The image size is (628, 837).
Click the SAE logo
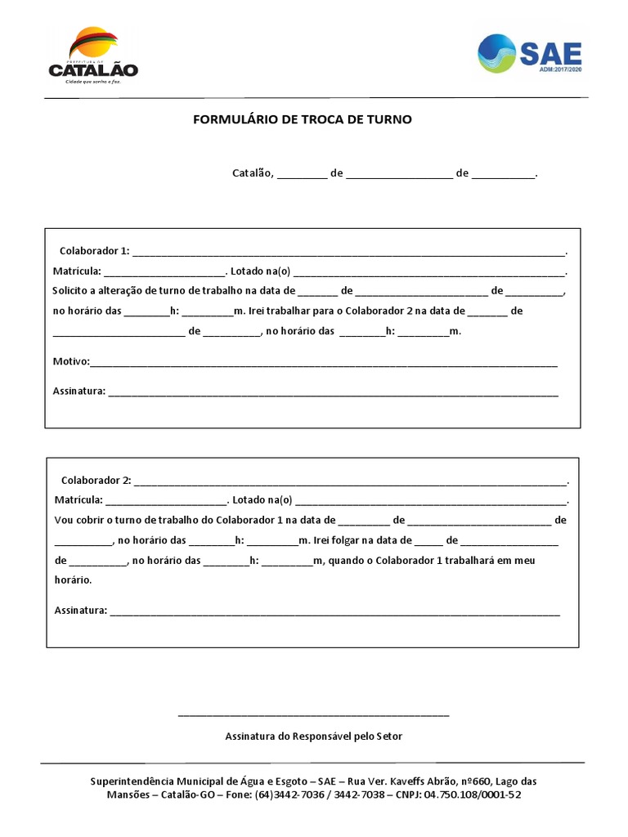pyautogui.click(x=530, y=53)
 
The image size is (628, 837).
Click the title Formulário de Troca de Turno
pyautogui.click(x=303, y=119)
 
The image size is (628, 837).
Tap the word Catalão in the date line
pyautogui.click(x=253, y=173)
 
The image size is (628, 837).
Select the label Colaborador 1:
pyautogui.click(x=95, y=250)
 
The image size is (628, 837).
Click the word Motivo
pyautogui.click(x=70, y=361)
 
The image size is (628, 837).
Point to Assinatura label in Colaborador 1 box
pyautogui.click(x=78, y=391)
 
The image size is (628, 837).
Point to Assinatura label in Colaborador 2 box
pyautogui.click(x=80, y=610)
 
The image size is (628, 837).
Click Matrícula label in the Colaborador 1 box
pyautogui.click(x=77, y=271)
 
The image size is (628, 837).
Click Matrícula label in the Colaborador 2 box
pyautogui.click(x=78, y=499)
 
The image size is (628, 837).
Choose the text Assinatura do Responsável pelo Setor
pyautogui.click(x=314, y=736)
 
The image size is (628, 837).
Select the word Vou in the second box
pyautogui.click(x=64, y=520)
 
